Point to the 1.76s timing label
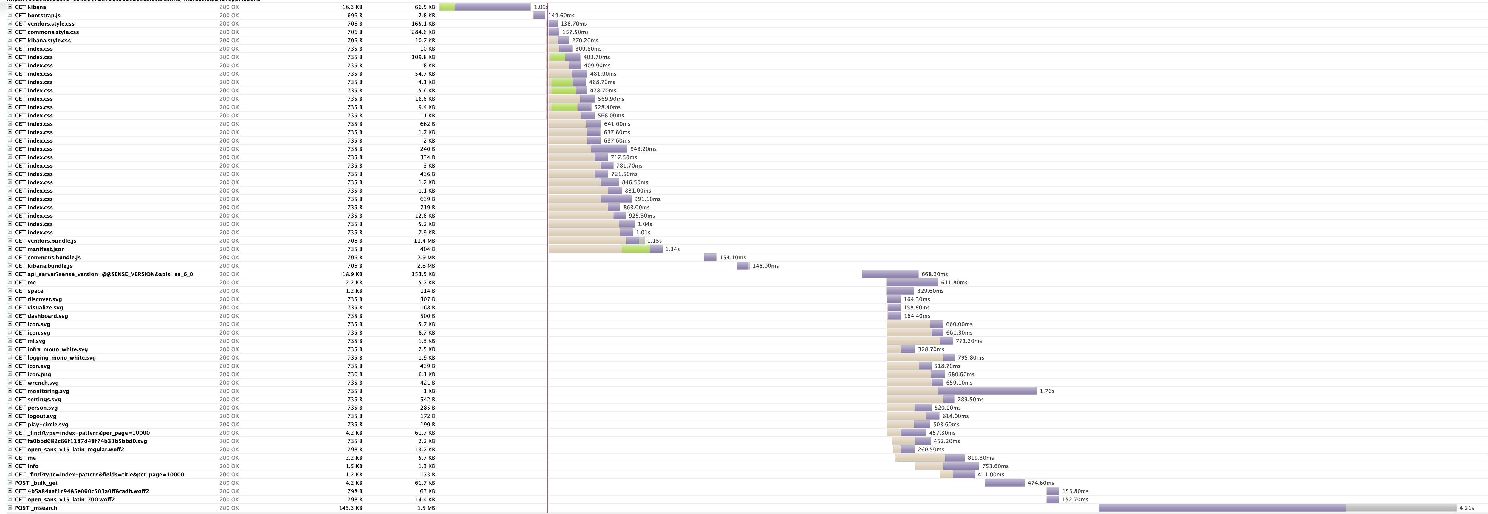tap(1047, 391)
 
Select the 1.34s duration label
tap(672, 249)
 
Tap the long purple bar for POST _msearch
tap(1222, 508)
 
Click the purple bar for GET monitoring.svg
tap(987, 391)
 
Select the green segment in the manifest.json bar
tap(636, 249)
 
